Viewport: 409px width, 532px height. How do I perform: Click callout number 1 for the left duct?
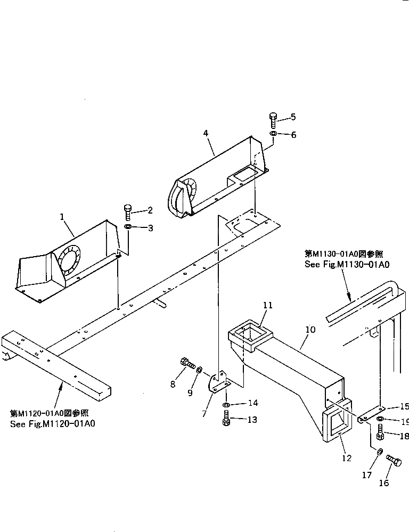[x=62, y=217]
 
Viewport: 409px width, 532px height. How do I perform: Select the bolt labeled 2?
[x=128, y=212]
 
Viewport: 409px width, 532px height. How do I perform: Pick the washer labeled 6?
[x=273, y=134]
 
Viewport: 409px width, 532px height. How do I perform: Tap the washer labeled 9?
[x=199, y=370]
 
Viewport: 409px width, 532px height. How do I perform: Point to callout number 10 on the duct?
[x=310, y=330]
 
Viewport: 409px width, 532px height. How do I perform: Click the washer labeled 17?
[x=379, y=452]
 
